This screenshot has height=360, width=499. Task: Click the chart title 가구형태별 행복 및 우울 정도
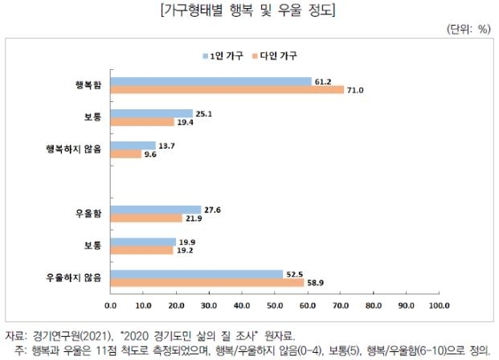point(248,10)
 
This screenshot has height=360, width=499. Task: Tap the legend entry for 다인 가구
point(277,55)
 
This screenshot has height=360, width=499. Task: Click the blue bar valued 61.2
point(211,81)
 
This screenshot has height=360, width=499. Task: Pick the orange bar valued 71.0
point(227,89)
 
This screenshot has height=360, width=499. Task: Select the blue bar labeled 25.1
point(152,113)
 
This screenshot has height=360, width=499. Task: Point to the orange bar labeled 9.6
point(126,153)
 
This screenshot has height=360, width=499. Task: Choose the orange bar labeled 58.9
point(207,282)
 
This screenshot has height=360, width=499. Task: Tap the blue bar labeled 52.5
point(197,274)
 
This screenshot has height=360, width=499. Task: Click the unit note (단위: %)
point(468,29)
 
